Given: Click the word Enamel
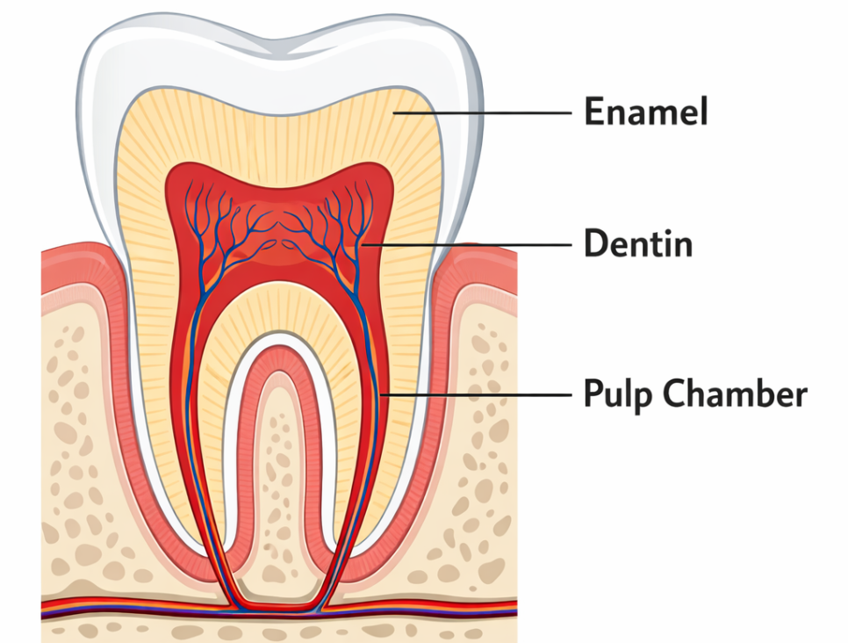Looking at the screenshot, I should click(x=646, y=112).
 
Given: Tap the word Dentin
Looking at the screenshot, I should click(x=638, y=243).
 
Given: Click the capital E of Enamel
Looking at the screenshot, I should click(x=594, y=112).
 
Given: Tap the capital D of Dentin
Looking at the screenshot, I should click(x=595, y=243).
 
